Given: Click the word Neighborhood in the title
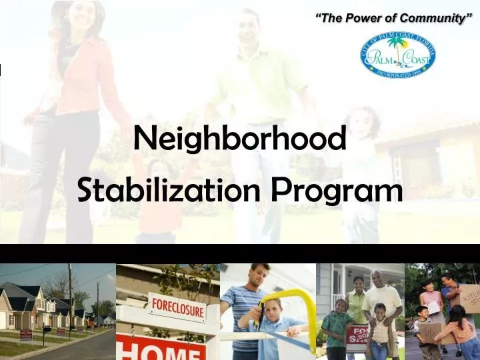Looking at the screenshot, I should (240, 139).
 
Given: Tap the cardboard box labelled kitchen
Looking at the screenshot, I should (469, 297).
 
